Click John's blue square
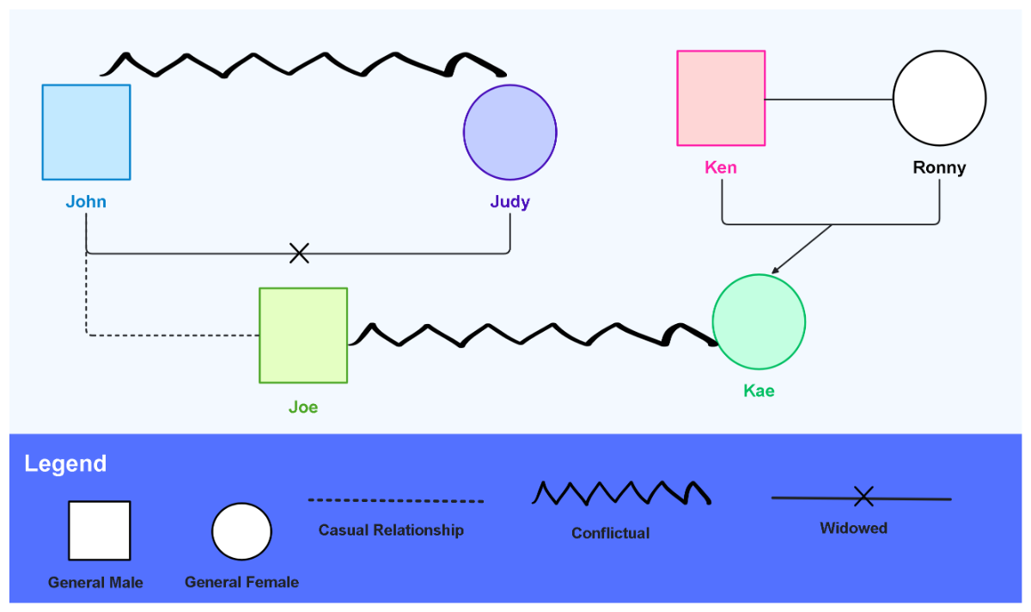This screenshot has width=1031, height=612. [86, 132]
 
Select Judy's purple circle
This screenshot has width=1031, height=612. [510, 132]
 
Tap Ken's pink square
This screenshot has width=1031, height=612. [721, 98]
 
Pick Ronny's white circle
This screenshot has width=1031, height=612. [939, 98]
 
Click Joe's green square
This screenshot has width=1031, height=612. [303, 335]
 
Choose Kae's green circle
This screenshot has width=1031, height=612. [759, 321]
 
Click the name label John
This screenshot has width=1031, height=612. [86, 202]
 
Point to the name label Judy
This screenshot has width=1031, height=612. [510, 202]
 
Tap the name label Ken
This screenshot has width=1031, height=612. [721, 168]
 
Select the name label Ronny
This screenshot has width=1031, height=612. [939, 168]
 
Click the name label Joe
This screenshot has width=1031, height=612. [303, 407]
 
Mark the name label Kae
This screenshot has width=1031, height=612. [759, 391]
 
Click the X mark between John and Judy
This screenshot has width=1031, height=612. [299, 253]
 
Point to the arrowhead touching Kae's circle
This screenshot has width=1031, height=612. [774, 271]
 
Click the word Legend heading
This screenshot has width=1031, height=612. [65, 464]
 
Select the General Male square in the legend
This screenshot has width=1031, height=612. [100, 530]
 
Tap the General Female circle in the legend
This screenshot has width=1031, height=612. [241, 531]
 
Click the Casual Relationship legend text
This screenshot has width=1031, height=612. [391, 530]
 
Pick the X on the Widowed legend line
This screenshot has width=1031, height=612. [863, 496]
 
